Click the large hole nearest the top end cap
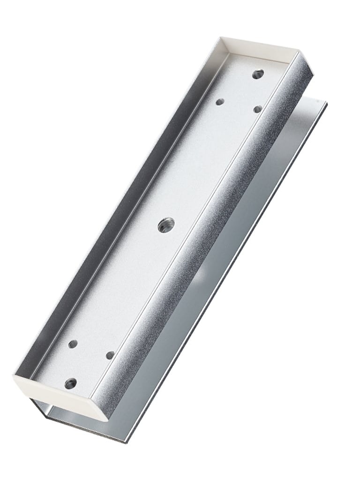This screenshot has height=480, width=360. click(x=257, y=74)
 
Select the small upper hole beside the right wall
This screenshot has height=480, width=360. click(x=257, y=109)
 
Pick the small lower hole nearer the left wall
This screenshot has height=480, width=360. click(x=73, y=344)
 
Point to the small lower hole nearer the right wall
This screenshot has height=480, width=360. click(x=110, y=355)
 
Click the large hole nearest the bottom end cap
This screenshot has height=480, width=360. click(x=71, y=383)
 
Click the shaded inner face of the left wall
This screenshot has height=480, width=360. click(x=117, y=211)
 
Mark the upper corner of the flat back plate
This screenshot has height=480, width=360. click(x=325, y=102)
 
